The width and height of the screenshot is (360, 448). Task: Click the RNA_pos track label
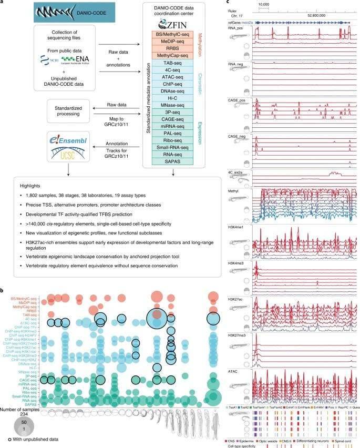click(261, 29)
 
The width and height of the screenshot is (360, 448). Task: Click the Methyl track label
click(259, 194)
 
